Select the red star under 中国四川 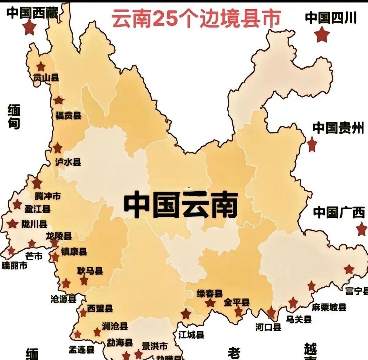[322, 35]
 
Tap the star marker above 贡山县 [41, 67]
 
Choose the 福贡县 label [68, 115]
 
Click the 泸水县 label [68, 162]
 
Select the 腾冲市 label [48, 196]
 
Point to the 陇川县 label [35, 224]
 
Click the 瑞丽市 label [15, 265]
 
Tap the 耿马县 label [90, 271]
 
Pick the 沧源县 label [63, 299]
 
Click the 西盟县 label [100, 309]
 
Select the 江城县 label [191, 335]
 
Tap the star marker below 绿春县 [210, 303]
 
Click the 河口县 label [268, 327]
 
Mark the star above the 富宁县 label [349, 269]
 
